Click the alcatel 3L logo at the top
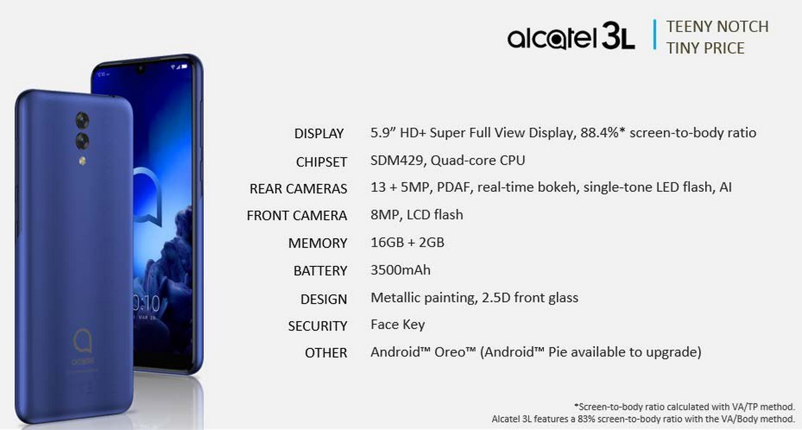(x=571, y=36)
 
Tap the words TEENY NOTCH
(x=717, y=27)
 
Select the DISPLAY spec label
(x=319, y=134)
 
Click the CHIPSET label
(x=321, y=162)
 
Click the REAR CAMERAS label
(x=298, y=189)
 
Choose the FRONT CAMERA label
(x=297, y=216)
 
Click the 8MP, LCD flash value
(x=417, y=215)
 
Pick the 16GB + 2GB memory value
(x=408, y=243)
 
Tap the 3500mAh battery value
(x=400, y=270)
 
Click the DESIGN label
(x=323, y=299)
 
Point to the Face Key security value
(x=398, y=324)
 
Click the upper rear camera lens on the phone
(x=82, y=120)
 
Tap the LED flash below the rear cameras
(x=83, y=161)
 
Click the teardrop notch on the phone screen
(x=140, y=68)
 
